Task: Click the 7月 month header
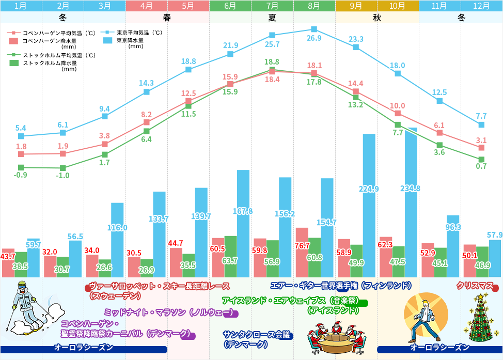point(272,6)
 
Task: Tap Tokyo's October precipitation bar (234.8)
point(411,202)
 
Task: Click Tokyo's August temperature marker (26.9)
point(314,29)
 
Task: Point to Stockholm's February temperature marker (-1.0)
point(63,168)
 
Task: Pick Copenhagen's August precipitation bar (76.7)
point(302,253)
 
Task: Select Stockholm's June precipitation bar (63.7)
point(230,257)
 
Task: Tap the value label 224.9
point(369,189)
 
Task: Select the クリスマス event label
point(476,286)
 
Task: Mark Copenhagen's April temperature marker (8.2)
point(147,122)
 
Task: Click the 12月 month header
point(481,6)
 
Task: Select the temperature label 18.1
point(315,66)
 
